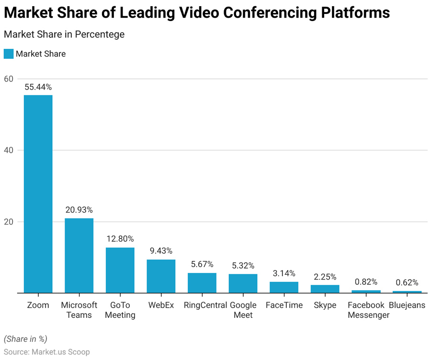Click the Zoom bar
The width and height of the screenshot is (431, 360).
38,194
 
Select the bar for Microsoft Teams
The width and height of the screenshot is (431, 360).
79,256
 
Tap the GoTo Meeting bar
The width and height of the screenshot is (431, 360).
120,270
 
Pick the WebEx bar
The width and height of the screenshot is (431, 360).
161,276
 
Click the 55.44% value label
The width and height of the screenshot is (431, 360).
38,87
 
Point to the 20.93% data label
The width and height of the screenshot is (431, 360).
79,210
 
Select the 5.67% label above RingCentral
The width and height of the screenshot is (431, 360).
202,264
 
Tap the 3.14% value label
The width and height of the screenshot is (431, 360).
284,273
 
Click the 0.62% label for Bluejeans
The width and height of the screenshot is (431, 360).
407,282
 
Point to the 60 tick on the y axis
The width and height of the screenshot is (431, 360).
9,79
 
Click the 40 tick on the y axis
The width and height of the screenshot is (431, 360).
9,150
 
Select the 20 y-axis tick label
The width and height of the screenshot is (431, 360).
9,222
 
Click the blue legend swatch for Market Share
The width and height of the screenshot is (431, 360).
9,54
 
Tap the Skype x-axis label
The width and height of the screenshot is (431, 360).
325,305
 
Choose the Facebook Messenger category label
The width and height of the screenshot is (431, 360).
366,310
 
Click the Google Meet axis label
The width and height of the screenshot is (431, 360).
243,310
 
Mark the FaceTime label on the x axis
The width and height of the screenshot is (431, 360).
284,305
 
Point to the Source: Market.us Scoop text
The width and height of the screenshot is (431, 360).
47,352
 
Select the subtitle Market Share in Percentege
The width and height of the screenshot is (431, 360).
64,34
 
